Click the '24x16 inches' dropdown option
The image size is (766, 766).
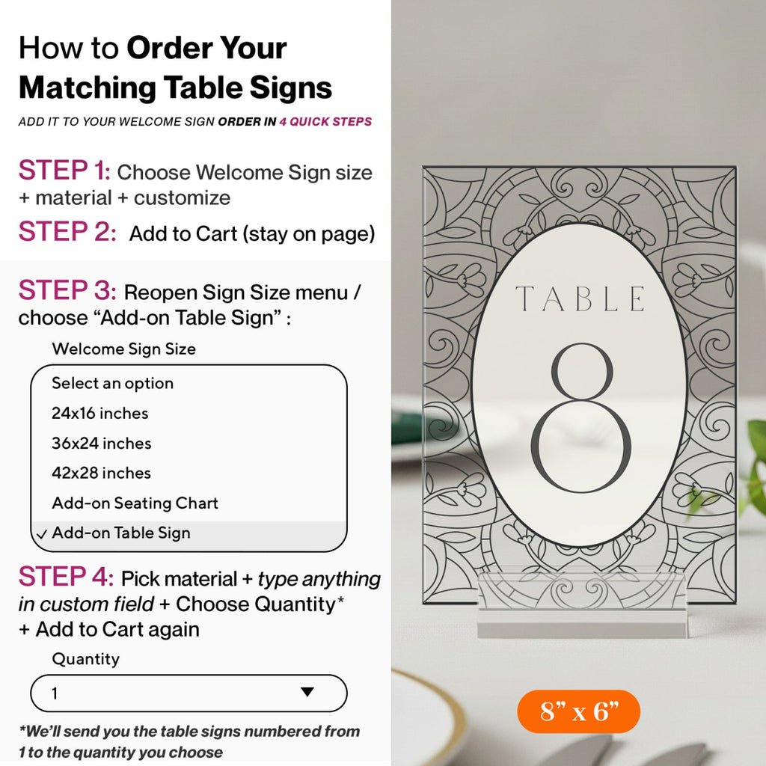tap(99, 413)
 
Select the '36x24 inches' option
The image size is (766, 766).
tap(101, 443)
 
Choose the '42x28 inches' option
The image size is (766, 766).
tap(101, 473)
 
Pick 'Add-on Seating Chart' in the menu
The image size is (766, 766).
tap(135, 503)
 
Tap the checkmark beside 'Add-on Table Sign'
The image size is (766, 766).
tap(42, 534)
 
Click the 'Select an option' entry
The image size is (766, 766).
tap(112, 384)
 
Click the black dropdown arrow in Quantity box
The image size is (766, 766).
tap(307, 692)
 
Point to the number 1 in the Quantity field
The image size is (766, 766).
tap(55, 693)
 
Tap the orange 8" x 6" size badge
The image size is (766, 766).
tap(578, 711)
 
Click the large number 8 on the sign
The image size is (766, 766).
tap(581, 419)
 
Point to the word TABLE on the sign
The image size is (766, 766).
tap(580, 299)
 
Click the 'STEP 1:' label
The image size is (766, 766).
tap(64, 170)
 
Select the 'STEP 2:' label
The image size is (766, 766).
tap(67, 232)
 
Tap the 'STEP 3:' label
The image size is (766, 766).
tap(67, 290)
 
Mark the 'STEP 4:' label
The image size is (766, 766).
tap(66, 577)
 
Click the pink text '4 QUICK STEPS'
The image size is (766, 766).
tap(325, 122)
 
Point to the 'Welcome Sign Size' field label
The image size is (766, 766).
tap(123, 349)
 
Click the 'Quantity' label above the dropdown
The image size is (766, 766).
tap(85, 659)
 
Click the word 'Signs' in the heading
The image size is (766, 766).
tap(291, 89)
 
